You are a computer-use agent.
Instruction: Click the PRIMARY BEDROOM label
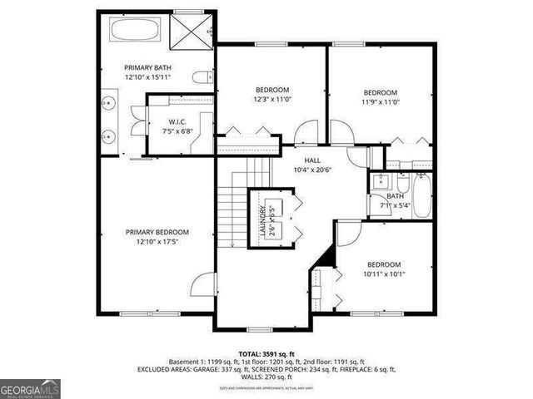click(x=157, y=232)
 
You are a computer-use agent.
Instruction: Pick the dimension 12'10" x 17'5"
click(x=157, y=242)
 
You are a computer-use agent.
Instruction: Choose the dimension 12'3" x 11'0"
click(x=271, y=99)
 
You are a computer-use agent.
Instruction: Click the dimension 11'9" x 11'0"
click(x=380, y=101)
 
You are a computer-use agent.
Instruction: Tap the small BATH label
click(x=395, y=195)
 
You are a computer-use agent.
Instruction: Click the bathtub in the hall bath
click(x=422, y=195)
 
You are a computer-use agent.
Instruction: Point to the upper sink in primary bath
click(x=108, y=104)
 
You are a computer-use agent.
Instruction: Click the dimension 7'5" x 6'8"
click(x=166, y=131)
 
